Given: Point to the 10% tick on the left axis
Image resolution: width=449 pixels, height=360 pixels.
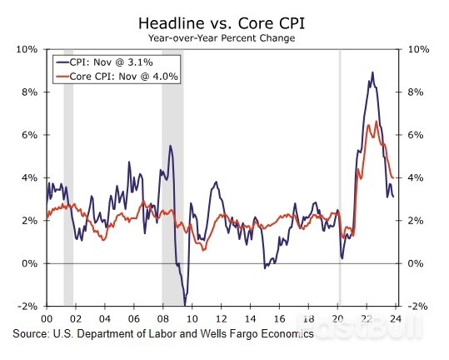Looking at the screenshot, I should click(27, 49).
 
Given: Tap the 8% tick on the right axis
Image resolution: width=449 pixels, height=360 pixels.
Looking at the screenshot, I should click(416, 92).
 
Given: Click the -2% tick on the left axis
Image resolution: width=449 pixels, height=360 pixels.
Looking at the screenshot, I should click(27, 307).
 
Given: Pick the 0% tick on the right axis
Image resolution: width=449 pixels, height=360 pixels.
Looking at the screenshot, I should click(416, 264).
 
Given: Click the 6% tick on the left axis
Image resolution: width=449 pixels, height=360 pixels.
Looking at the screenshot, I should click(27, 135).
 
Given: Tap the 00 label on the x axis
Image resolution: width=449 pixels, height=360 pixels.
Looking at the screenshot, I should click(46, 318).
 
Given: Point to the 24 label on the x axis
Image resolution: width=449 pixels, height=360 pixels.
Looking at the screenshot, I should click(395, 318).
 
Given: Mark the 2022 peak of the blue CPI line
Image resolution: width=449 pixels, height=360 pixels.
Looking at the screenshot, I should click(372, 72).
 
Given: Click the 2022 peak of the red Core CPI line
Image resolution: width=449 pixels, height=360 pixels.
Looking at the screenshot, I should click(377, 122).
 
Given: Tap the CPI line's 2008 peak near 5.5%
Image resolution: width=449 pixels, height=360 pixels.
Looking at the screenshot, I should click(170, 146).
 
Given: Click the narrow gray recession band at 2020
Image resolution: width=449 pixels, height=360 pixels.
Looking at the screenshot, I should click(339, 167).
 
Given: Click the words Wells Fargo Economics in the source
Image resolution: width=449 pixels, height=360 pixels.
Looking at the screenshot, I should click(260, 333).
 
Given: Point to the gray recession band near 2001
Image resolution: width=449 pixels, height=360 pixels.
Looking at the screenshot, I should click(68, 167).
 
